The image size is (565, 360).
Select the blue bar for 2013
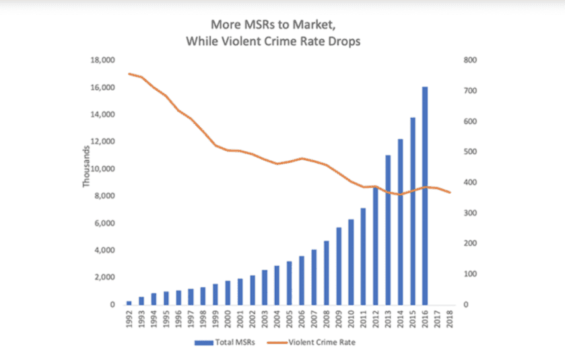[x=388, y=229]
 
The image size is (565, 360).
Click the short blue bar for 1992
[x=129, y=302]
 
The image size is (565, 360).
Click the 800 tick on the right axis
[x=470, y=61]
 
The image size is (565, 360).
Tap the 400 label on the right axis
[x=470, y=182]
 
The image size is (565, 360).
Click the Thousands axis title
[x=86, y=168]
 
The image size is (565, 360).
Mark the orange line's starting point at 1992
[x=129, y=74]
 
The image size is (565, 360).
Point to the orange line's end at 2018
[x=450, y=193]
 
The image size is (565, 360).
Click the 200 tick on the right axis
[x=470, y=244]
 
